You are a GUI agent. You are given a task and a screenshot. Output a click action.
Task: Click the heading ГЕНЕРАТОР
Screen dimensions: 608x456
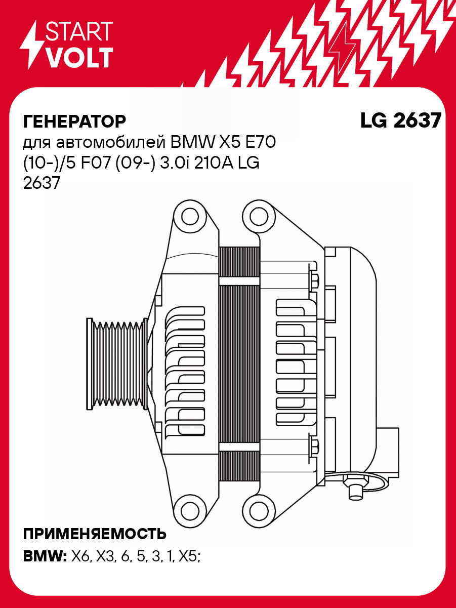[x=74, y=121]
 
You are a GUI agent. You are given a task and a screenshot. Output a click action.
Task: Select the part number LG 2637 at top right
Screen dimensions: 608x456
[x=400, y=120]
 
